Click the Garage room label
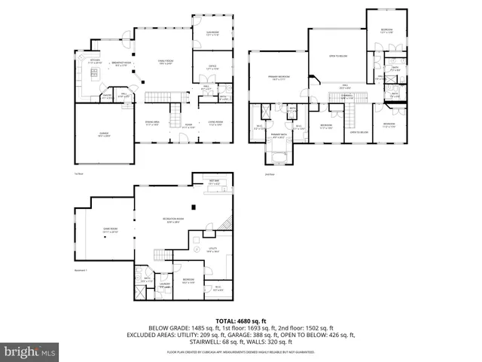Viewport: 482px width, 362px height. point(101,135)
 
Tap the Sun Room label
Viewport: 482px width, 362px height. point(212,32)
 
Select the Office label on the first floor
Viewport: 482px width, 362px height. point(212,67)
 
